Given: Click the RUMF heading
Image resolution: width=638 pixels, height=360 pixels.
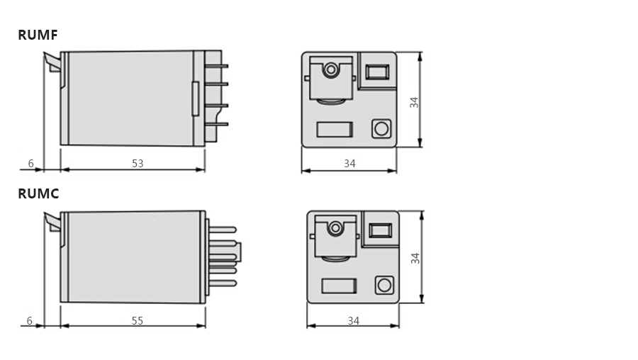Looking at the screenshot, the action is click(x=38, y=35).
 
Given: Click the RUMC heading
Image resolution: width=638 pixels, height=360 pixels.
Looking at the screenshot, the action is click(x=39, y=193).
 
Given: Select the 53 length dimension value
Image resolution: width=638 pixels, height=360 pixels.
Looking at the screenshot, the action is click(x=138, y=164).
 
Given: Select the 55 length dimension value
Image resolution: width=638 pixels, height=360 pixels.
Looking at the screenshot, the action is click(x=138, y=321).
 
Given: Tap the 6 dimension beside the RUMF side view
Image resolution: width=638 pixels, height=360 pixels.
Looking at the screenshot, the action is click(x=31, y=164).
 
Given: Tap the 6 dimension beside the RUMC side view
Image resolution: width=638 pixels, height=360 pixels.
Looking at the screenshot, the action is click(x=29, y=321).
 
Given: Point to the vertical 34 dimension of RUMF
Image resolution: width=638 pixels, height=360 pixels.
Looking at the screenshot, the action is click(x=414, y=102).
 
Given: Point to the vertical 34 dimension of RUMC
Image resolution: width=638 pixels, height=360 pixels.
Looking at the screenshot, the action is click(x=415, y=258).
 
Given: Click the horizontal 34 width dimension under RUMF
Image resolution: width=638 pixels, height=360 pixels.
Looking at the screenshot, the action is click(x=349, y=164).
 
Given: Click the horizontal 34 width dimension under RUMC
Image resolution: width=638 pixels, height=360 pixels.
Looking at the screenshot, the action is click(x=354, y=321).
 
